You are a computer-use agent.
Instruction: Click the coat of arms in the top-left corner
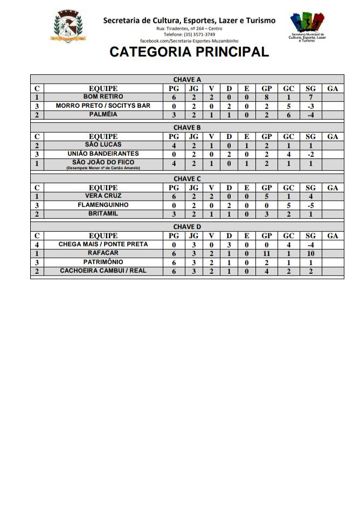68,26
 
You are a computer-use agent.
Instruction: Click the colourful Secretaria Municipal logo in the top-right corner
307,27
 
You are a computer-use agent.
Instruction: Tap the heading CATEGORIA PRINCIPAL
189,52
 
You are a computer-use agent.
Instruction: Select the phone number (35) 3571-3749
189,35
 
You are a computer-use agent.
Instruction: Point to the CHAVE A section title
187,80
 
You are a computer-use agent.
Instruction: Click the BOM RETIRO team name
103,97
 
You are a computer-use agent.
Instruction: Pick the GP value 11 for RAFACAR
266,253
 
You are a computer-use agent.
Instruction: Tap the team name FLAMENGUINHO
103,205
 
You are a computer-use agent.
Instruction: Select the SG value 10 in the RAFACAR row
310,253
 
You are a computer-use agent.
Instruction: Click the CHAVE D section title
187,227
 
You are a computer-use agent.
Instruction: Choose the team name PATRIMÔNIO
103,262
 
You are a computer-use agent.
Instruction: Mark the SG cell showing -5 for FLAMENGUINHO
310,205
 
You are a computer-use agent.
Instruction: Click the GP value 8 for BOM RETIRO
266,98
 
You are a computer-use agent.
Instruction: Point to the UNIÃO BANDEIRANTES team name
103,154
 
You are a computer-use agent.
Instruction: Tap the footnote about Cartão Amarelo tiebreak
103,168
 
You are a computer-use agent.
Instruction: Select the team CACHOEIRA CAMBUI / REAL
103,271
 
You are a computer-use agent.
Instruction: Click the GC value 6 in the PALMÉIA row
289,115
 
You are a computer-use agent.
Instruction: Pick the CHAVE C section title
187,178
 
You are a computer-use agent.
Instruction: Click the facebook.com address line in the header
189,41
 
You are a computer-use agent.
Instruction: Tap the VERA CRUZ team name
103,196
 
